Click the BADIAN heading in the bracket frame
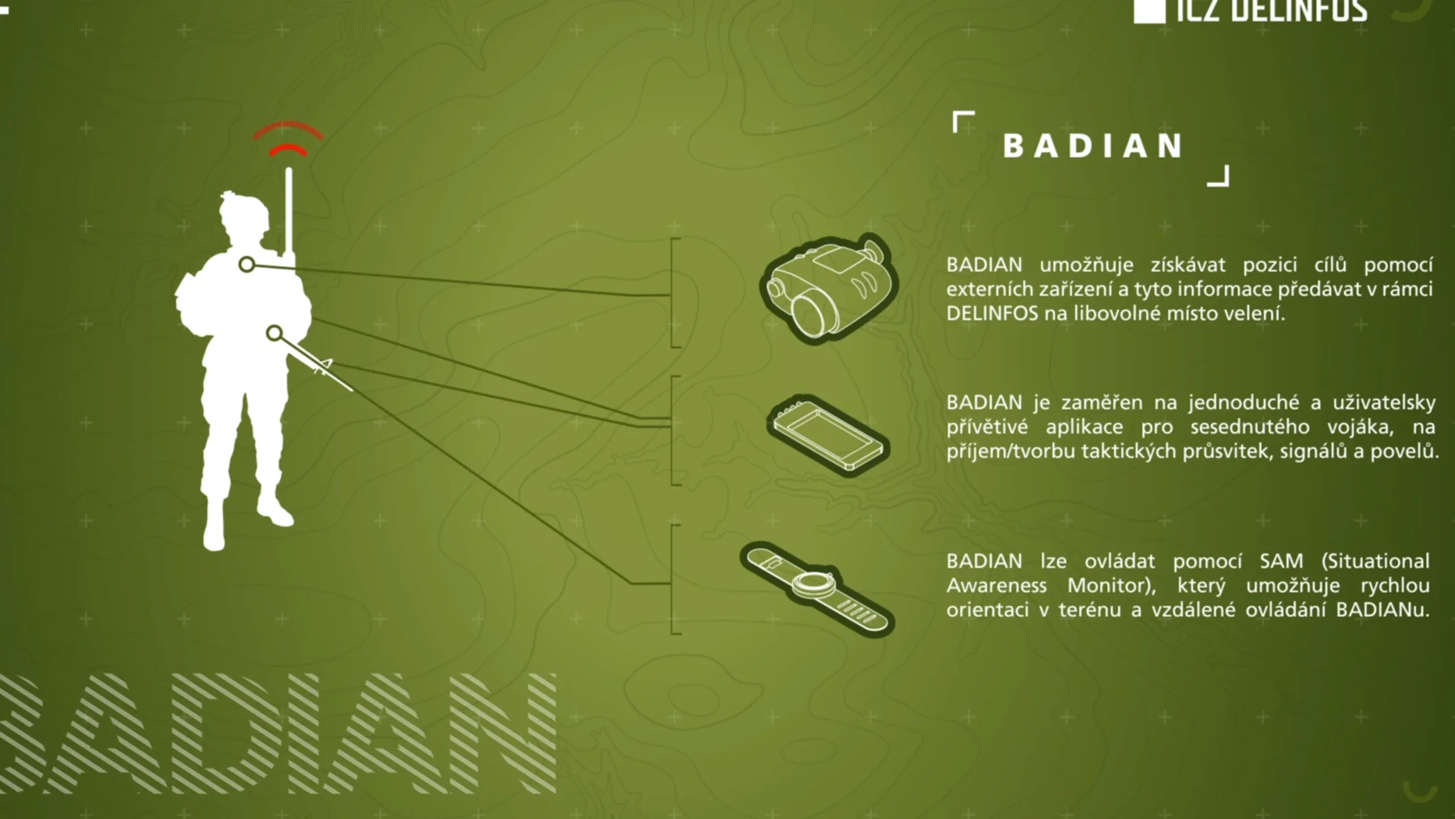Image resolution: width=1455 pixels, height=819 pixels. [x=1092, y=146]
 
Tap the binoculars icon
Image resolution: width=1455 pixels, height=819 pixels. [x=829, y=288]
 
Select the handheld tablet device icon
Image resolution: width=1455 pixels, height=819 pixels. [x=828, y=435]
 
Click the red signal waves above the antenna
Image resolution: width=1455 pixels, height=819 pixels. [x=288, y=139]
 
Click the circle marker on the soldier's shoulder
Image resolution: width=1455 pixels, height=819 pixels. [x=247, y=264]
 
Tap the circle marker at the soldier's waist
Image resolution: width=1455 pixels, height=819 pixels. [x=275, y=333]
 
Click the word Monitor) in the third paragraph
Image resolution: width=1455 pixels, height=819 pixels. [x=1112, y=585]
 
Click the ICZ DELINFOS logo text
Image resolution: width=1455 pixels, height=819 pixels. [x=1270, y=10]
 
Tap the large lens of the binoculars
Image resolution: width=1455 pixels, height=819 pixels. [x=812, y=312]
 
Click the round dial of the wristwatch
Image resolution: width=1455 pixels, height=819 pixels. [x=815, y=582]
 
